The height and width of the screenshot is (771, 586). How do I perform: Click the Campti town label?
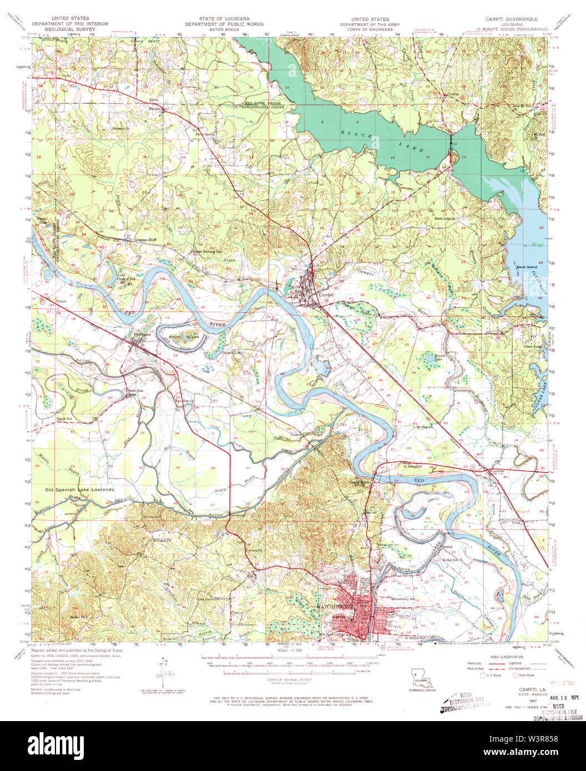327,295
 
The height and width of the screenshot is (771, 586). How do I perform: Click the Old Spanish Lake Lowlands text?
80,490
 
